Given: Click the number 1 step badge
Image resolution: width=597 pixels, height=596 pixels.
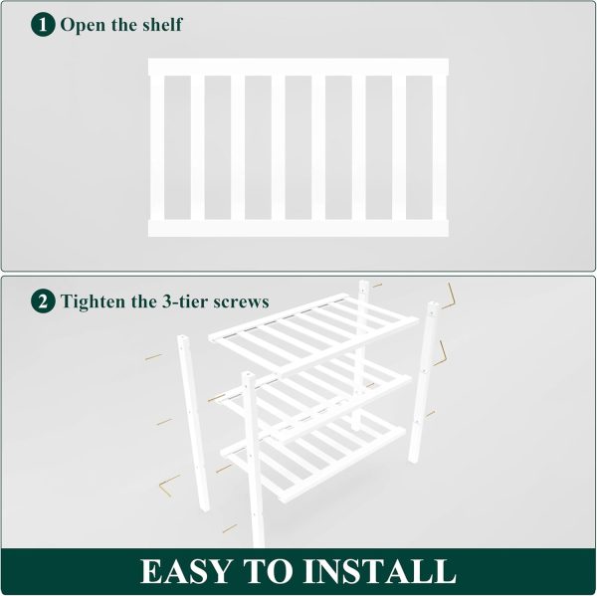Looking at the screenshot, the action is (43, 24).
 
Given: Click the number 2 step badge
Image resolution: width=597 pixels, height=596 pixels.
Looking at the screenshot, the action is (43, 301).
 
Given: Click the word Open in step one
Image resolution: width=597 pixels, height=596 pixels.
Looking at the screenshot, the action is (83, 26).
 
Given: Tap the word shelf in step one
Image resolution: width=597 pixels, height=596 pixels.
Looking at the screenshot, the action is (162, 24).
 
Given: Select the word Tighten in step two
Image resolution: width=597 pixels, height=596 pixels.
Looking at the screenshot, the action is (94, 301).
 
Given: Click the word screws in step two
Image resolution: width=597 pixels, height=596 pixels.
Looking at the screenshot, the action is (241, 302).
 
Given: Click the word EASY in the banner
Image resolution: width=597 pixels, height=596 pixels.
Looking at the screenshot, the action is (186, 571).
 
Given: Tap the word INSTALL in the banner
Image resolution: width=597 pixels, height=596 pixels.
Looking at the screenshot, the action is (379, 571).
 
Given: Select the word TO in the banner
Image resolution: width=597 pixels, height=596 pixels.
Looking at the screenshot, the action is (268, 571).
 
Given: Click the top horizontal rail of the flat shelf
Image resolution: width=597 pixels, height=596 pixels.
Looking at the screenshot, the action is (298, 67).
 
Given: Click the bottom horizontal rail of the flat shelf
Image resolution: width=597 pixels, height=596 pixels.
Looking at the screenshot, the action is (298, 229).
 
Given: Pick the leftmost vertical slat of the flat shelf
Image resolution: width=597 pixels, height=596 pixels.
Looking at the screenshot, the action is (157, 148).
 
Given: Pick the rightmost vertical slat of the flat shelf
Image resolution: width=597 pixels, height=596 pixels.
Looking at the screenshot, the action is (439, 148).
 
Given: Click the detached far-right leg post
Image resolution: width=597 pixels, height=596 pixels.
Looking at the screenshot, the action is (424, 382).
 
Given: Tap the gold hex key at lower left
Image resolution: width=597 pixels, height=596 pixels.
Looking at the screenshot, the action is (168, 486).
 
